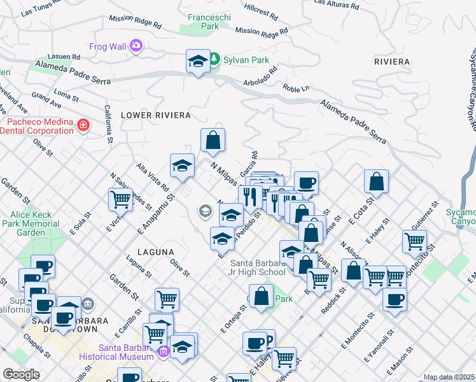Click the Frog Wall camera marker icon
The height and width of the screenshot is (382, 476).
(x=135, y=45)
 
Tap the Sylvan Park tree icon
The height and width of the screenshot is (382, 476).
(x=214, y=59)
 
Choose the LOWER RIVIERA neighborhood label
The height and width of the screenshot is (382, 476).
(x=155, y=115)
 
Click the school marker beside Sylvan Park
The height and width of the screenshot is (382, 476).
(x=197, y=62)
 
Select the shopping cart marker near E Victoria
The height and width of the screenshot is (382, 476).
(x=120, y=199)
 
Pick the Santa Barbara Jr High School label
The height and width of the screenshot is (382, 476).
(x=258, y=268)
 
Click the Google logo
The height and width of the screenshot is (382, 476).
(x=21, y=374)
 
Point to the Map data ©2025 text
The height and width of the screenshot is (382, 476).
(x=449, y=377)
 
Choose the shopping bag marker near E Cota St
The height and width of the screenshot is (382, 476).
(x=377, y=181)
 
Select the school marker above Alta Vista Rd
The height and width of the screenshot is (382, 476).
(x=182, y=166)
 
